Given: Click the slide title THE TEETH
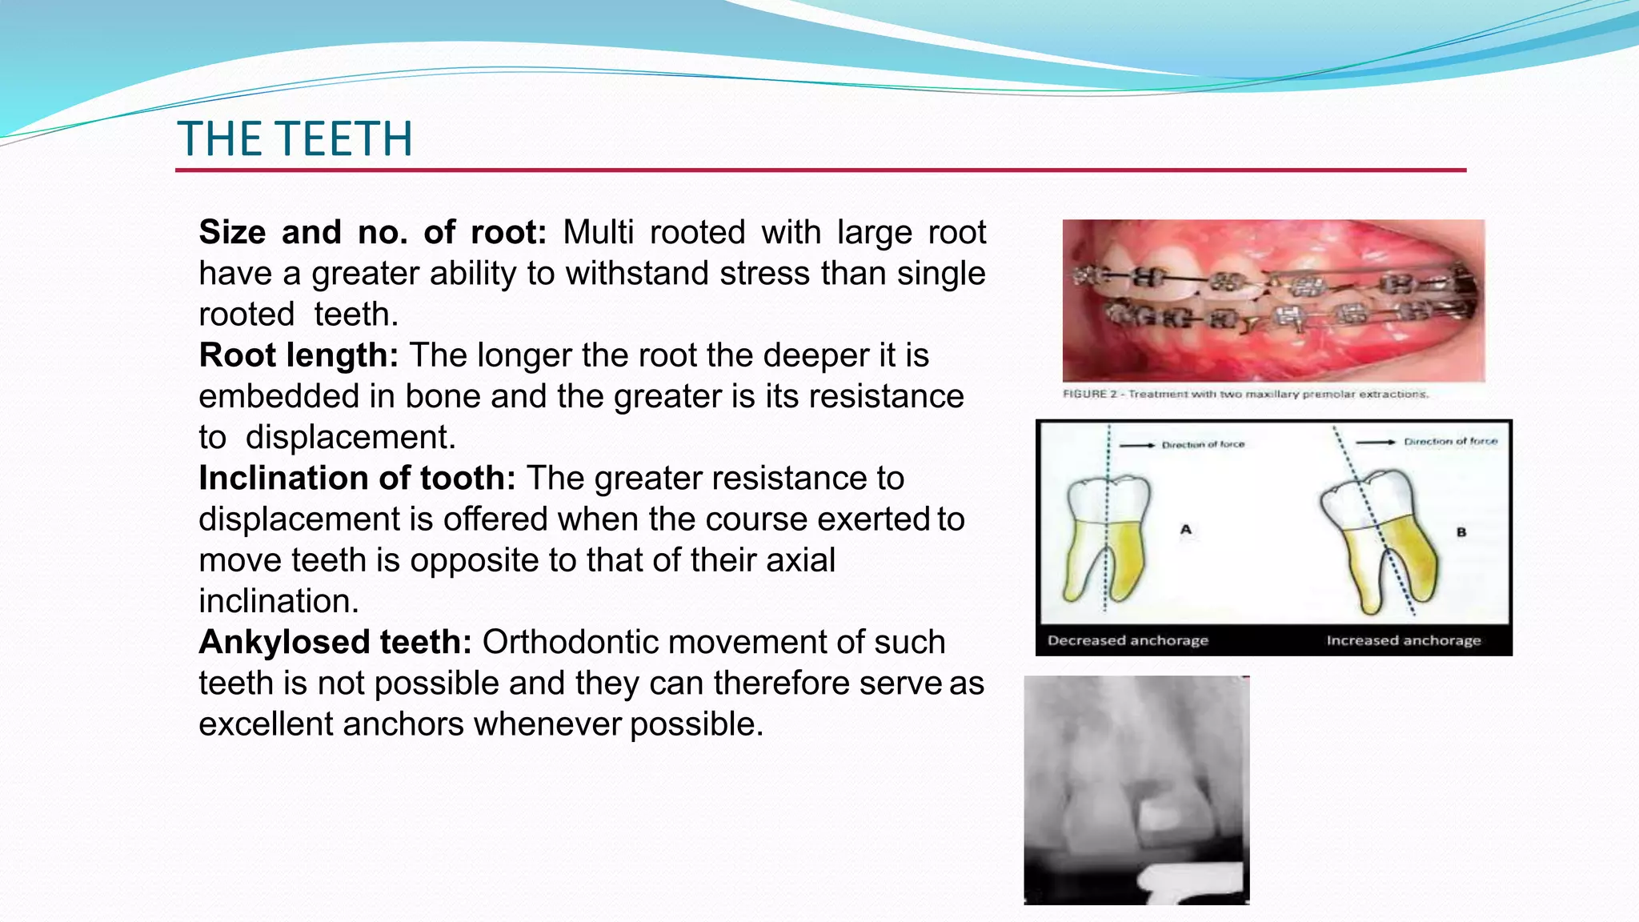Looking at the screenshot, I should pyautogui.click(x=295, y=138).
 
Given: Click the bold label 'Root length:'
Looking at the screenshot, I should pyautogui.click(x=299, y=355).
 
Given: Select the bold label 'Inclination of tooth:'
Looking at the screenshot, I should pyautogui.click(x=357, y=478).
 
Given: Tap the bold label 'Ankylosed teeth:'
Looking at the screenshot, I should pyautogui.click(x=335, y=642).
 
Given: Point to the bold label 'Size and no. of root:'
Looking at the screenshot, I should pyautogui.click(x=372, y=232).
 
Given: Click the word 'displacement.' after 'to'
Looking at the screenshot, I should pyautogui.click(x=351, y=437).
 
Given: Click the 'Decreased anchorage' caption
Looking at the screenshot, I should pyautogui.click(x=1128, y=640).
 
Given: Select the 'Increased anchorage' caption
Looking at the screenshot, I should pyautogui.click(x=1404, y=640).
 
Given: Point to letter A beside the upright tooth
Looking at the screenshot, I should pyautogui.click(x=1185, y=529).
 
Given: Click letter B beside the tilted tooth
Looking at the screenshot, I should pyautogui.click(x=1461, y=531).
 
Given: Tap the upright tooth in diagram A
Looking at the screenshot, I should pyautogui.click(x=1108, y=536).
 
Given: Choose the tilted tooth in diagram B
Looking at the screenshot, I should pyautogui.click(x=1381, y=536).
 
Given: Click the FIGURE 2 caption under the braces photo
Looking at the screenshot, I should pyautogui.click(x=1245, y=394).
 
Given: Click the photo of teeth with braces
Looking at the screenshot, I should pyautogui.click(x=1273, y=301).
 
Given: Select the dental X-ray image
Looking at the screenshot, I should pyautogui.click(x=1136, y=790).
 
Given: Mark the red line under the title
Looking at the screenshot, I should pyautogui.click(x=820, y=170).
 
